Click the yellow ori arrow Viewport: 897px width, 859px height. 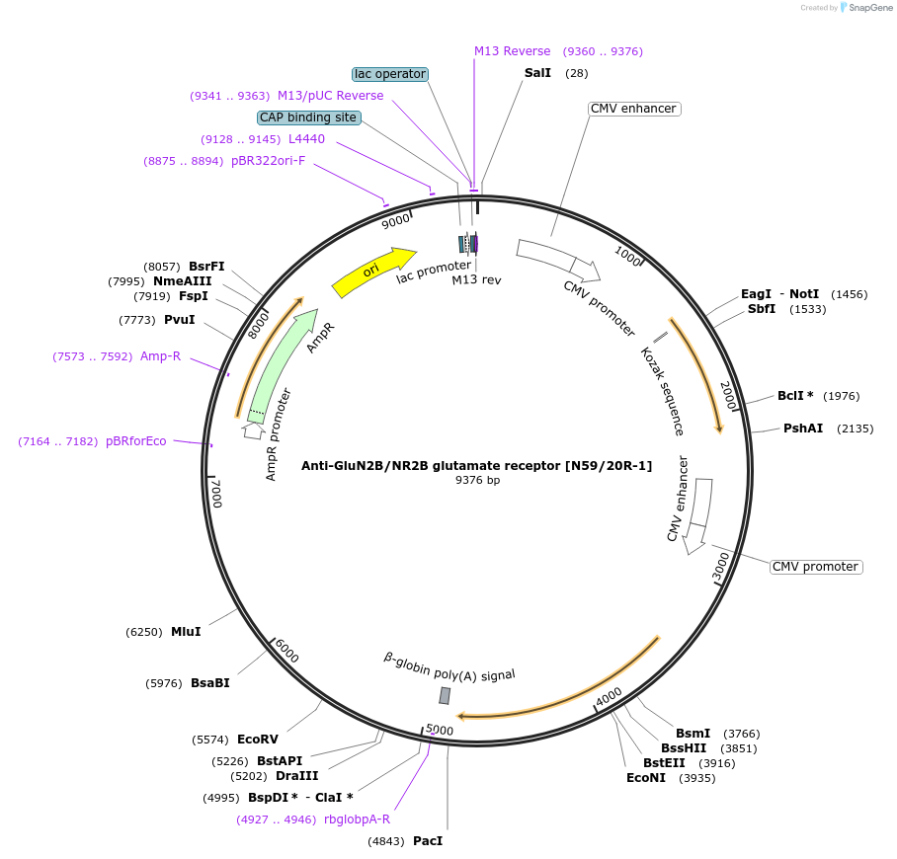(x=373, y=272)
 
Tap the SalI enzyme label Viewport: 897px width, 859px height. (x=537, y=73)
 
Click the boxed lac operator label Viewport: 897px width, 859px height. (x=390, y=74)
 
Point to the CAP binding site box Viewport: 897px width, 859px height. (x=308, y=117)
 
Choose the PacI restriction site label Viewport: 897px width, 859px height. (x=428, y=841)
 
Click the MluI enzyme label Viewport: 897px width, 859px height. (x=186, y=631)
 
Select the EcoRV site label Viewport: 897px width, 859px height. (x=258, y=739)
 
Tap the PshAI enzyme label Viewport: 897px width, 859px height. (x=803, y=429)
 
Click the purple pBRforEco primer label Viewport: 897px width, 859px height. (x=136, y=441)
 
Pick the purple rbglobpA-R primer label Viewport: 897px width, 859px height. (x=357, y=819)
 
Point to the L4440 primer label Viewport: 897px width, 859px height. (x=306, y=139)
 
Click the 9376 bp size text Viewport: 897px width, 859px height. (x=477, y=480)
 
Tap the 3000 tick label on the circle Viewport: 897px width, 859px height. (x=721, y=567)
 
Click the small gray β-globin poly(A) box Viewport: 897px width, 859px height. (x=445, y=695)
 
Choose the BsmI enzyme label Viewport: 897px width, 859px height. (x=693, y=734)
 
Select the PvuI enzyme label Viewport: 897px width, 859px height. (x=179, y=320)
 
